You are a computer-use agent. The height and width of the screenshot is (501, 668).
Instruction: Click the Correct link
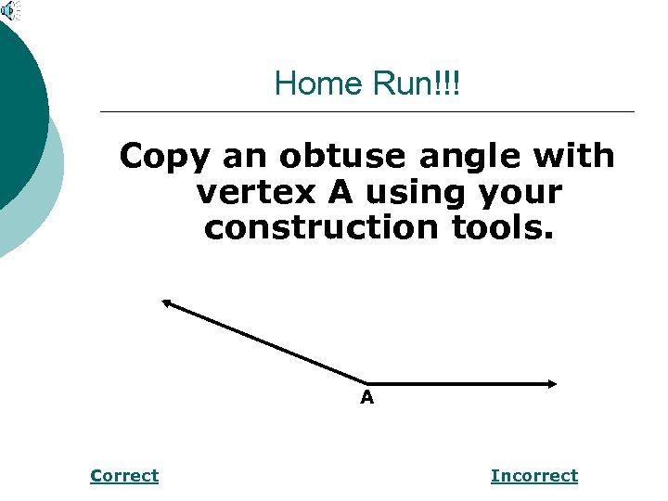tap(124, 476)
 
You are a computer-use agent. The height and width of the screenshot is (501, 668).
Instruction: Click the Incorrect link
tap(533, 476)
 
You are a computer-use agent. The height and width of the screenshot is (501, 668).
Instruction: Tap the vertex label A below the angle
tap(367, 399)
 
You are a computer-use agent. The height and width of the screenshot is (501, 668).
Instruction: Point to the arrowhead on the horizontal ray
tap(551, 383)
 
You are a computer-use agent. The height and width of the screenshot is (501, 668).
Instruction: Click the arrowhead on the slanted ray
tap(168, 302)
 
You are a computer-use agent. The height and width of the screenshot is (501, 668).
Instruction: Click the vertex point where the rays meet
tap(368, 382)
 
